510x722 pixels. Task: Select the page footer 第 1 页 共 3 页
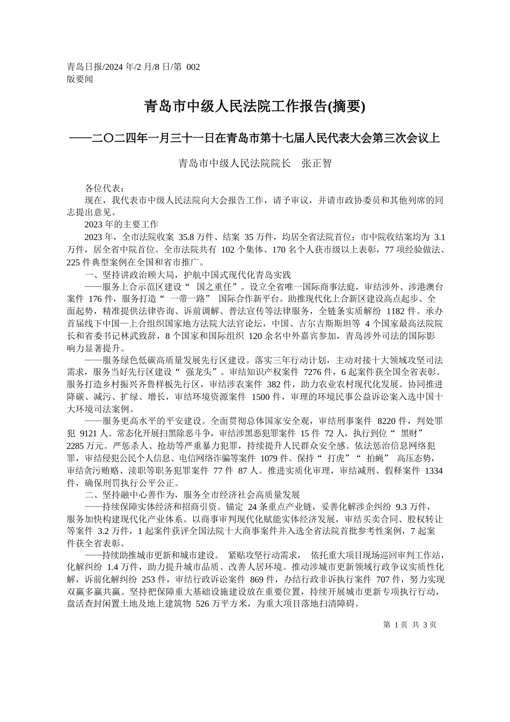(x=410, y=625)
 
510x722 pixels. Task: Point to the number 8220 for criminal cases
(x=389, y=421)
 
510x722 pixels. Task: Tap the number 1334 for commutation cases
(x=434, y=470)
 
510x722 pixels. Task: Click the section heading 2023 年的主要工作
(x=121, y=224)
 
